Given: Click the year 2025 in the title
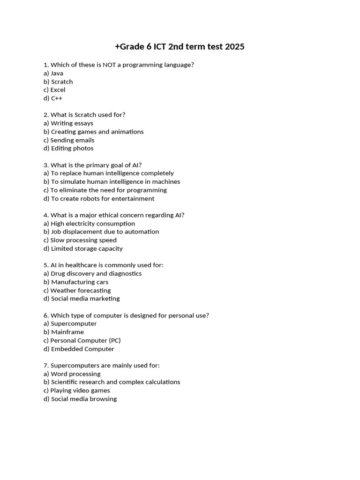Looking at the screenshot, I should tap(234, 47).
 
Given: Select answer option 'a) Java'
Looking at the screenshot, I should tap(53, 73).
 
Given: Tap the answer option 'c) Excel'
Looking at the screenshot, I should tap(54, 90).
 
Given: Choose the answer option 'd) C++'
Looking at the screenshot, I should tap(53, 98).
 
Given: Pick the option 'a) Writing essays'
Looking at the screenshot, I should tap(68, 123).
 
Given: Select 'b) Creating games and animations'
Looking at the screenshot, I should tap(94, 132).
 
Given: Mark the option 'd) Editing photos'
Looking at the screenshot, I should tap(68, 149).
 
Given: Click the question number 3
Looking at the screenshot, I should tap(45, 165).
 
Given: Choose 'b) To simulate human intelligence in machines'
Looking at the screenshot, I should tap(112, 182).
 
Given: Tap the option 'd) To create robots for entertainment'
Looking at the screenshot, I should tap(99, 199).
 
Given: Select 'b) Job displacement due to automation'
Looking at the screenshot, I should tap(101, 232).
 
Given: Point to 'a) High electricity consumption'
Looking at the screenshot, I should tap(89, 224).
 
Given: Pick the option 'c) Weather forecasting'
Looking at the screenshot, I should tap(77, 291).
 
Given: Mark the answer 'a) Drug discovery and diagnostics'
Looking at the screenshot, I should tap(92, 274).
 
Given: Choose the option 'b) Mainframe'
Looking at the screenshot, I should tap(64, 332).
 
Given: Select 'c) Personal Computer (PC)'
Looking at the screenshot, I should tap(82, 341).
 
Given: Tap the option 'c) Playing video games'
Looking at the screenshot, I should tap(77, 390).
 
